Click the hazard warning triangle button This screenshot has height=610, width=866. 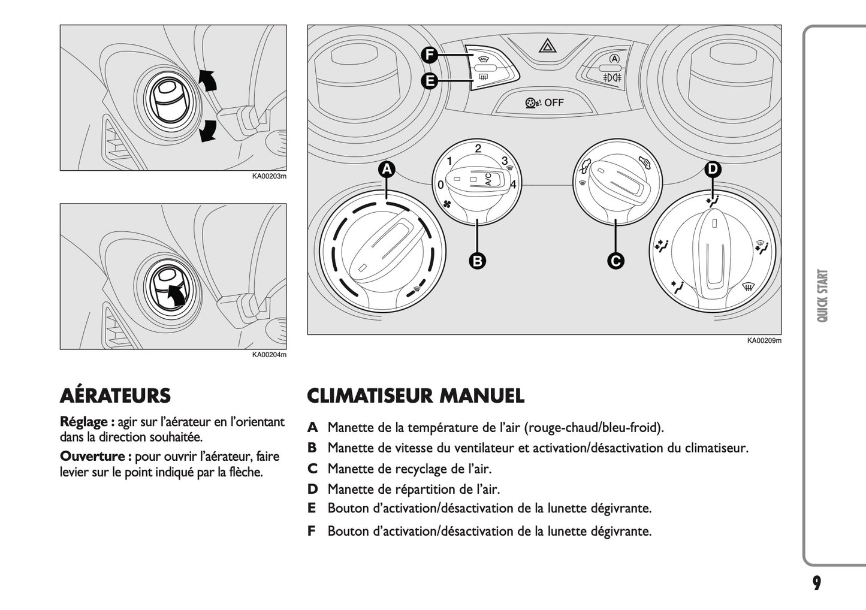[545, 45]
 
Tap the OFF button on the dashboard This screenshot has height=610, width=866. [544, 102]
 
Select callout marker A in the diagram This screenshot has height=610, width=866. [387, 170]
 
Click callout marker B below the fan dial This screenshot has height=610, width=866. [477, 261]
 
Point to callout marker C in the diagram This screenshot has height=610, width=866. [615, 261]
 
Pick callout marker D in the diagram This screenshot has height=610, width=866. [712, 170]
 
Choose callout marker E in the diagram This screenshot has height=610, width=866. [429, 80]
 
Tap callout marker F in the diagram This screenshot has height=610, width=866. [429, 56]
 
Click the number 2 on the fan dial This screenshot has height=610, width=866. [478, 149]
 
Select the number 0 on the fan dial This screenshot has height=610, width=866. [440, 185]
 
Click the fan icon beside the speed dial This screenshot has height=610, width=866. [446, 205]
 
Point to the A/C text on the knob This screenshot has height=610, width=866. [488, 179]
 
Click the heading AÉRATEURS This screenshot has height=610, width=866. [115, 396]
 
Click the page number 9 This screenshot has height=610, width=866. [817, 583]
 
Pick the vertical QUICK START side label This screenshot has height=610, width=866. [822, 295]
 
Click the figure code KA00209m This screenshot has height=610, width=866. [764, 341]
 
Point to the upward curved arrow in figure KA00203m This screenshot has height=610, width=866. [207, 79]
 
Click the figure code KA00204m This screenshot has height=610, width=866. [269, 355]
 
